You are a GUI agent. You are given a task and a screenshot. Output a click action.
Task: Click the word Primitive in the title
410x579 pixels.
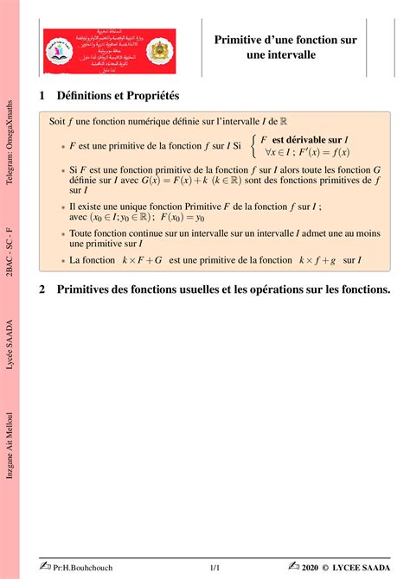click(241, 40)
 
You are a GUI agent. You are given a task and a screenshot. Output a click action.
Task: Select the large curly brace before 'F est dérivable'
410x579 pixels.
click(253, 145)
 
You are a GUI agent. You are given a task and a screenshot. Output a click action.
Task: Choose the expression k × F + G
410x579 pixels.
click(143, 259)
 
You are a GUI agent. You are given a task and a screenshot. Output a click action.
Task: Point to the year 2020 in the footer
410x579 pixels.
click(314, 567)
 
